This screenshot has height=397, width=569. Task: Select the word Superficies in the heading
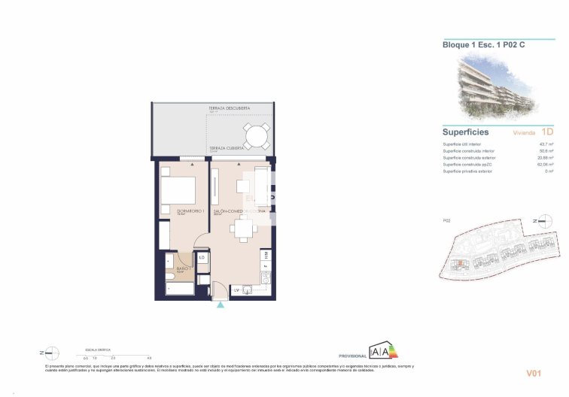coord(465,132)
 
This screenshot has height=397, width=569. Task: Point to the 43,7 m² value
coord(546,144)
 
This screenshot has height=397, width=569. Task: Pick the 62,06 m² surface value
coord(544,165)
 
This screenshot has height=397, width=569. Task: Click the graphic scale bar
coord(117,354)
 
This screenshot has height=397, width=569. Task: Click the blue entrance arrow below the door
coord(220,305)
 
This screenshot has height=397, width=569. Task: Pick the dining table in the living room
coord(242,229)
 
